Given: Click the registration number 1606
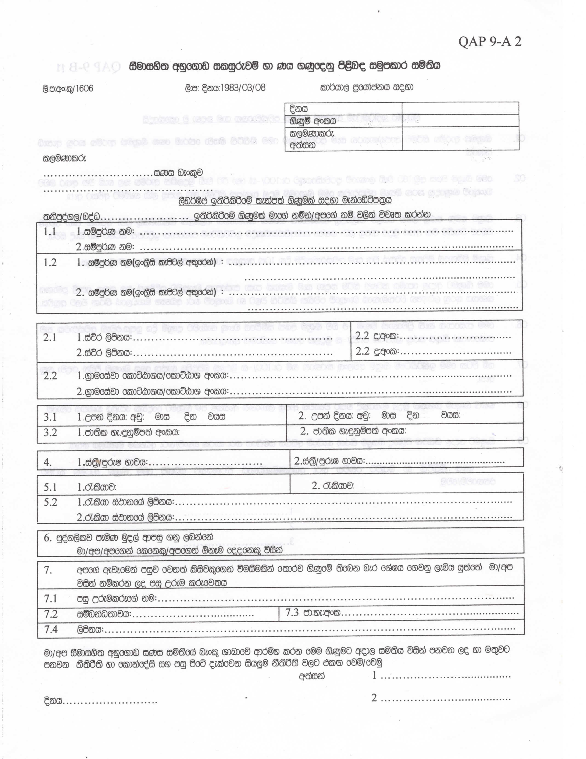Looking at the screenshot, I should pyautogui.click(x=84, y=88).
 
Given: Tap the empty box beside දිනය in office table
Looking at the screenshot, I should pyautogui.click(x=460, y=108).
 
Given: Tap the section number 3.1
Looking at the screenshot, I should pyautogui.click(x=50, y=417).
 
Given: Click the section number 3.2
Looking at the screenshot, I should pyautogui.click(x=50, y=432).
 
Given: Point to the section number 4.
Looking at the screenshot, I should pyautogui.click(x=48, y=463).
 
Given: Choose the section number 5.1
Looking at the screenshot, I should pyautogui.click(x=50, y=487).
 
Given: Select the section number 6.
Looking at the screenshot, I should pyautogui.click(x=48, y=538).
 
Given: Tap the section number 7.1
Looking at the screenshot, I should pyautogui.click(x=50, y=598).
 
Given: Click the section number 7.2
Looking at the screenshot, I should pyautogui.click(x=50, y=614).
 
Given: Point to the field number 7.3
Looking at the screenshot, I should pyautogui.click(x=292, y=613).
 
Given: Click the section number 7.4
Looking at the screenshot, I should pyautogui.click(x=50, y=629).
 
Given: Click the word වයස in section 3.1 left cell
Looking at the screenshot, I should pyautogui.click(x=217, y=417).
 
